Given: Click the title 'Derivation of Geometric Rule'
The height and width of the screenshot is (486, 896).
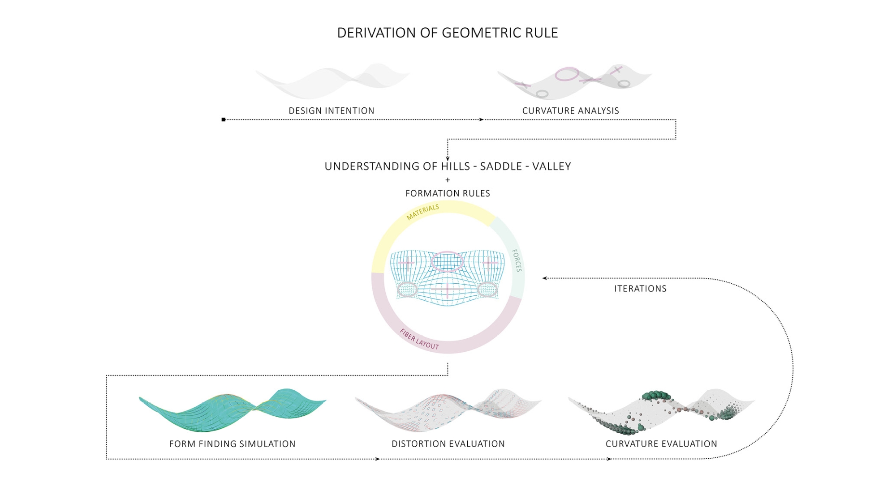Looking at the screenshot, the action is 448,33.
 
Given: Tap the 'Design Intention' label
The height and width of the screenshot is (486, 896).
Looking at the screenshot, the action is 332,111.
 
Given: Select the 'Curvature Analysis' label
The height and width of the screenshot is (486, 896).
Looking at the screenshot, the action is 571,111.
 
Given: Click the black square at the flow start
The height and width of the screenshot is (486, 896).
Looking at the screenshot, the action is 224,119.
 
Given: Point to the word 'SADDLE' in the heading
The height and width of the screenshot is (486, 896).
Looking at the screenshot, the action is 501,166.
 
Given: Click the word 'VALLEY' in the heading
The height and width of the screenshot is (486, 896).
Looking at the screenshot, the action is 551,166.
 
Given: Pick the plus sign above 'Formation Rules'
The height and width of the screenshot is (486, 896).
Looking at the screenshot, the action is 448,180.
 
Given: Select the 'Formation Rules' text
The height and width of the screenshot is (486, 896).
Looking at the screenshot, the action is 448,193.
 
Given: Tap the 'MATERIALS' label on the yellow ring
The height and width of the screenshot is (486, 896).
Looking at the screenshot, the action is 422,212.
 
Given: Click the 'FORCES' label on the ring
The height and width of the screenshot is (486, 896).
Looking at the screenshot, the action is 517,261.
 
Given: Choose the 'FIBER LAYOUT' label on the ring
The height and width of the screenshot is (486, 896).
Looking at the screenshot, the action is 419,339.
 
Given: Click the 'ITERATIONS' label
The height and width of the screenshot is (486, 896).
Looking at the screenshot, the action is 640,289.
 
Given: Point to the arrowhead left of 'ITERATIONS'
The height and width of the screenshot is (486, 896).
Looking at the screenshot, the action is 544,278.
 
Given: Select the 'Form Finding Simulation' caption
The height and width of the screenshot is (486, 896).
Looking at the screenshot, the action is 232,444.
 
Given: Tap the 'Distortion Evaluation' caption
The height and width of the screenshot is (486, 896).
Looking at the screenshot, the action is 448,444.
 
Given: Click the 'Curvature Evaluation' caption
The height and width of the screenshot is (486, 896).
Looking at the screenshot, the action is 661,444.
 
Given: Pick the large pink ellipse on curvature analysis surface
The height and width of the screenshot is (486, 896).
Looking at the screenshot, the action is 567,74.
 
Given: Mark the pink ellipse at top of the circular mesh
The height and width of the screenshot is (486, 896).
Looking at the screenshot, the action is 447,262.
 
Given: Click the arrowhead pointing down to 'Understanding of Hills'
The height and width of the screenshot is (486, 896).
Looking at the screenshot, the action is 448,158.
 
